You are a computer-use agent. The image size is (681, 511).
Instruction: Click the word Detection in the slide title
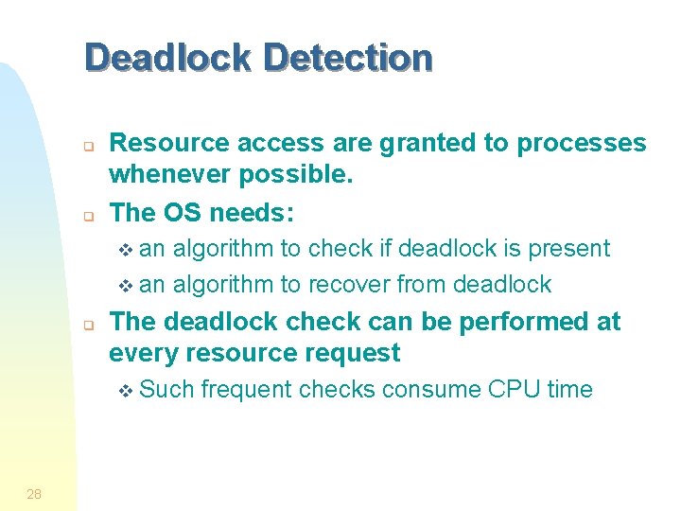point(348,58)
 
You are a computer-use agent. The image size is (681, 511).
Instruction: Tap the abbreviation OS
point(181,213)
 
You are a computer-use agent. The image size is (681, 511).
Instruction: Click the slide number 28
point(34,493)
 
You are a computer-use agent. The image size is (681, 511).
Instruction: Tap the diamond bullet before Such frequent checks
point(130,391)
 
